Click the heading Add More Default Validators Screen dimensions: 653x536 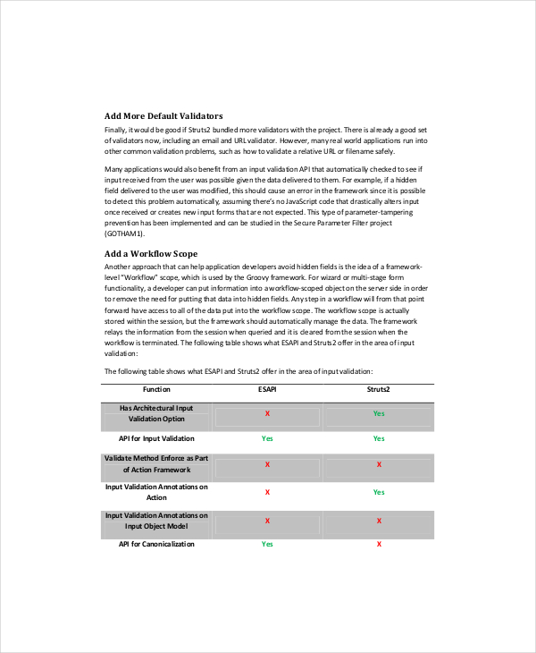pyautogui.click(x=163, y=115)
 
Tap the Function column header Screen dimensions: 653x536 pyautogui.click(x=156, y=389)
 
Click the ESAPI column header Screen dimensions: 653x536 pyautogui.click(x=267, y=389)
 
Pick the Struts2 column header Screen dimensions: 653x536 pyautogui.click(x=379, y=389)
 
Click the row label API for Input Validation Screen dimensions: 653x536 pyautogui.click(x=156, y=438)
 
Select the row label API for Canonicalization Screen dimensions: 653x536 pyautogui.click(x=156, y=544)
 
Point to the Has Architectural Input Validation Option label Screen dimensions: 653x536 pyautogui.click(x=156, y=413)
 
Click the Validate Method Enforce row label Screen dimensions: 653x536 pyautogui.click(x=156, y=463)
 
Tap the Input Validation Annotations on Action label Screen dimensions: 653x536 pyautogui.click(x=156, y=492)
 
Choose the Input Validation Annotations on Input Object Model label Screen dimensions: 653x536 pyautogui.click(x=156, y=521)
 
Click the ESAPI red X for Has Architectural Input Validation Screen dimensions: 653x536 pyautogui.click(x=267, y=414)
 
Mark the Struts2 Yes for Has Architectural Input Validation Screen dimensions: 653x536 pyautogui.click(x=379, y=414)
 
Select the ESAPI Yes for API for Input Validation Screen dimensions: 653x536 pyautogui.click(x=267, y=438)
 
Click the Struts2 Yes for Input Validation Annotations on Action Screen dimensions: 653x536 pyautogui.click(x=379, y=492)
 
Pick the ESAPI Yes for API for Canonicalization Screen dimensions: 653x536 pyautogui.click(x=267, y=544)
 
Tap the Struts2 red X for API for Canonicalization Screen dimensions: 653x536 pyautogui.click(x=380, y=544)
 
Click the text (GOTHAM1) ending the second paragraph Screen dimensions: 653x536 pyautogui.click(x=126, y=233)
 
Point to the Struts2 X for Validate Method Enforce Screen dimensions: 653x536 pyautogui.click(x=380, y=464)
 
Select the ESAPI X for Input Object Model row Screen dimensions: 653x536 pyautogui.click(x=267, y=521)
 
